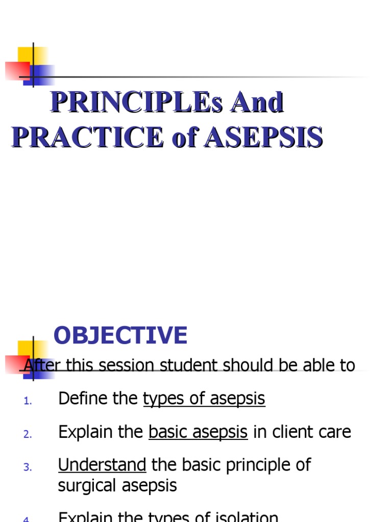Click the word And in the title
(257, 103)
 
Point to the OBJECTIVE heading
(120, 335)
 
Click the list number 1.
(28, 401)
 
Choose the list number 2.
(28, 434)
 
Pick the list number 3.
(28, 467)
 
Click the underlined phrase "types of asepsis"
(204, 399)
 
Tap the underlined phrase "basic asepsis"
(198, 432)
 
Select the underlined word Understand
(102, 464)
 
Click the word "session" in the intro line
(126, 365)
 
